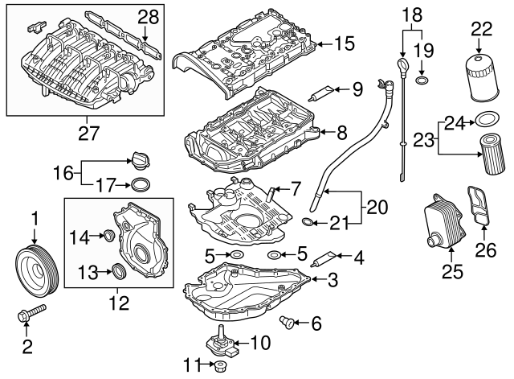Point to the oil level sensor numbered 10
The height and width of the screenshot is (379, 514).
pos(222,344)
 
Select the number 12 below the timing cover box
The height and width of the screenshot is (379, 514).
pos(118,304)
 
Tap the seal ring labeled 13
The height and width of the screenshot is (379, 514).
pos(118,271)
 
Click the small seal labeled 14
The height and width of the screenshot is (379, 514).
pos(104,236)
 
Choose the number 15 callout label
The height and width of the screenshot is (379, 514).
pos(342,43)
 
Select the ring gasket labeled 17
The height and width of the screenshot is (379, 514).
pos(141,185)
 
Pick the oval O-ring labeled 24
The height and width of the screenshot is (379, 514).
pos(484,122)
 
